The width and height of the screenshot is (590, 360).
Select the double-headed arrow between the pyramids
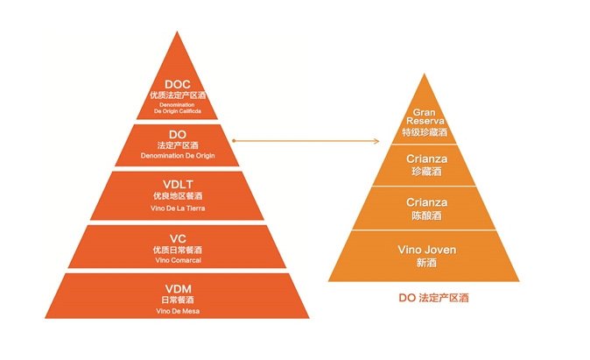309,139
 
